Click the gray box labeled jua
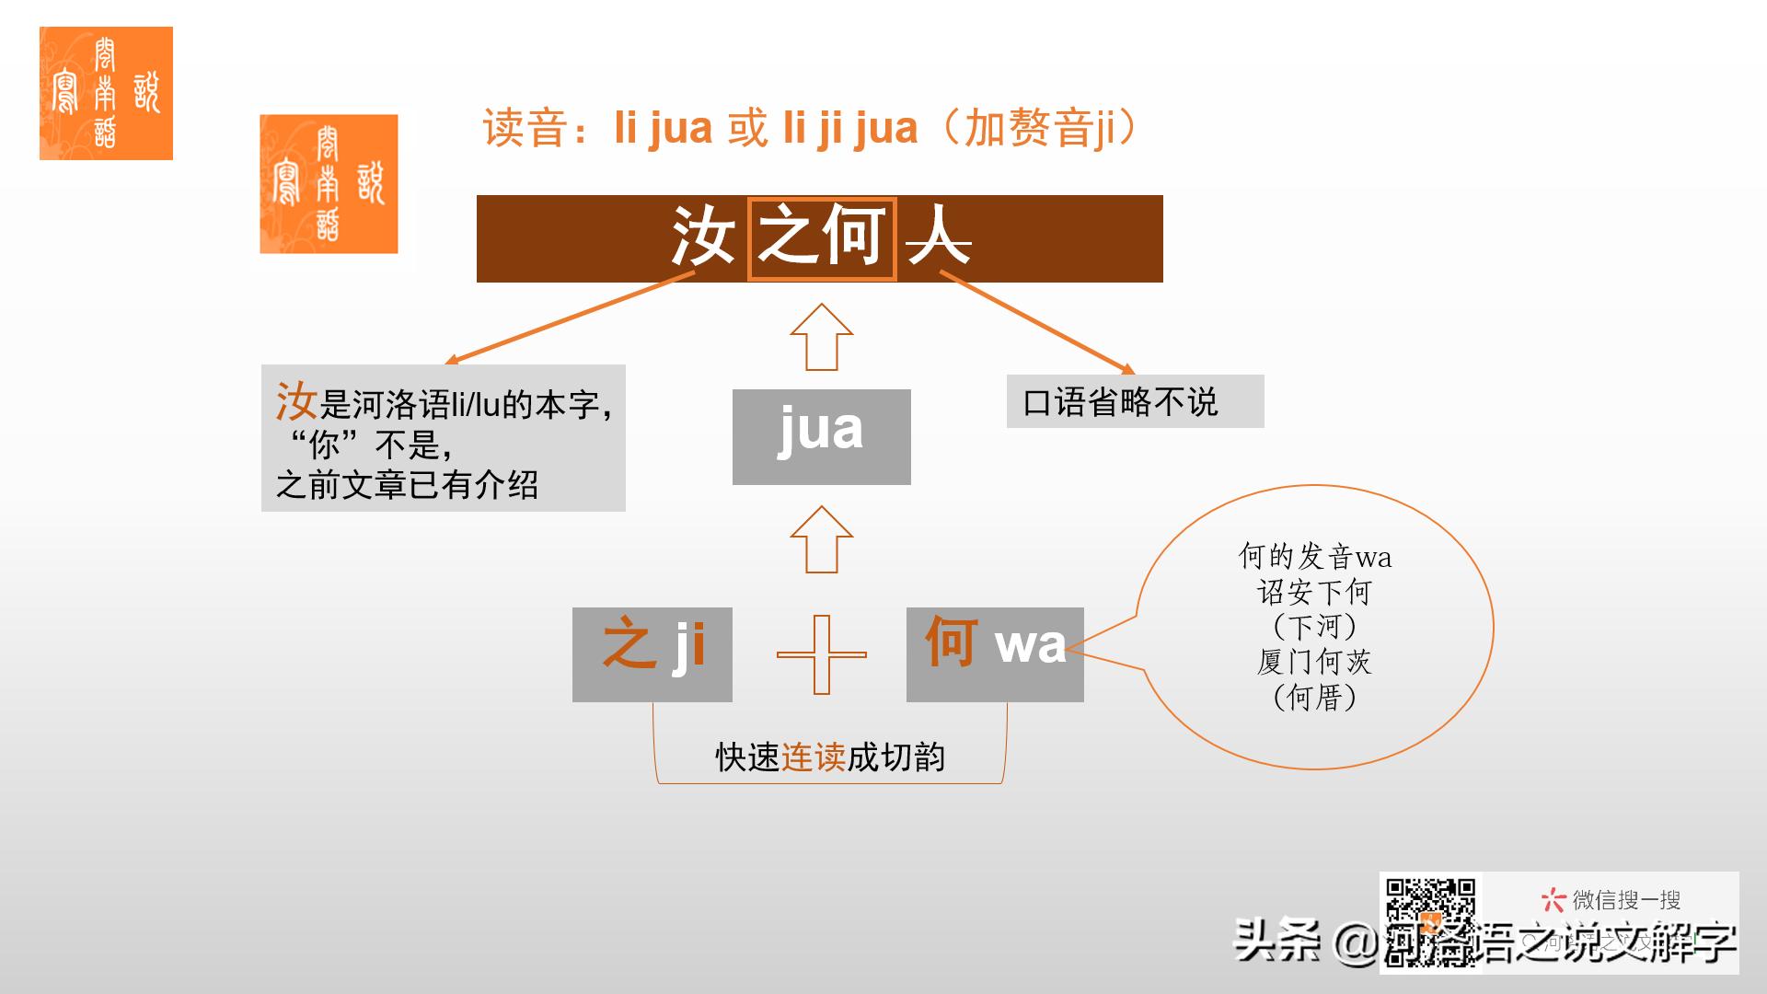[x=821, y=436]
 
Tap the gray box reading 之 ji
[x=652, y=654]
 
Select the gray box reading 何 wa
[x=994, y=654]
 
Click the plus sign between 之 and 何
[x=821, y=654]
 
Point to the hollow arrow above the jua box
[x=821, y=337]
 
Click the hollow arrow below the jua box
[x=821, y=539]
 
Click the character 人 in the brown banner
[x=939, y=237]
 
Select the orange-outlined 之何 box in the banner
[x=821, y=238]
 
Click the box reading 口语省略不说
[x=1135, y=401]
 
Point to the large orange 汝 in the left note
[x=296, y=401]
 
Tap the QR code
[x=1430, y=920]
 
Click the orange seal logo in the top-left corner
[x=106, y=93]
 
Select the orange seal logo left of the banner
[x=329, y=183]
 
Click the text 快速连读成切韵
[x=830, y=757]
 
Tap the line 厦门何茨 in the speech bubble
[x=1314, y=662]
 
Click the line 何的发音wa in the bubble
[x=1314, y=557]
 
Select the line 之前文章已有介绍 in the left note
[x=407, y=485]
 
